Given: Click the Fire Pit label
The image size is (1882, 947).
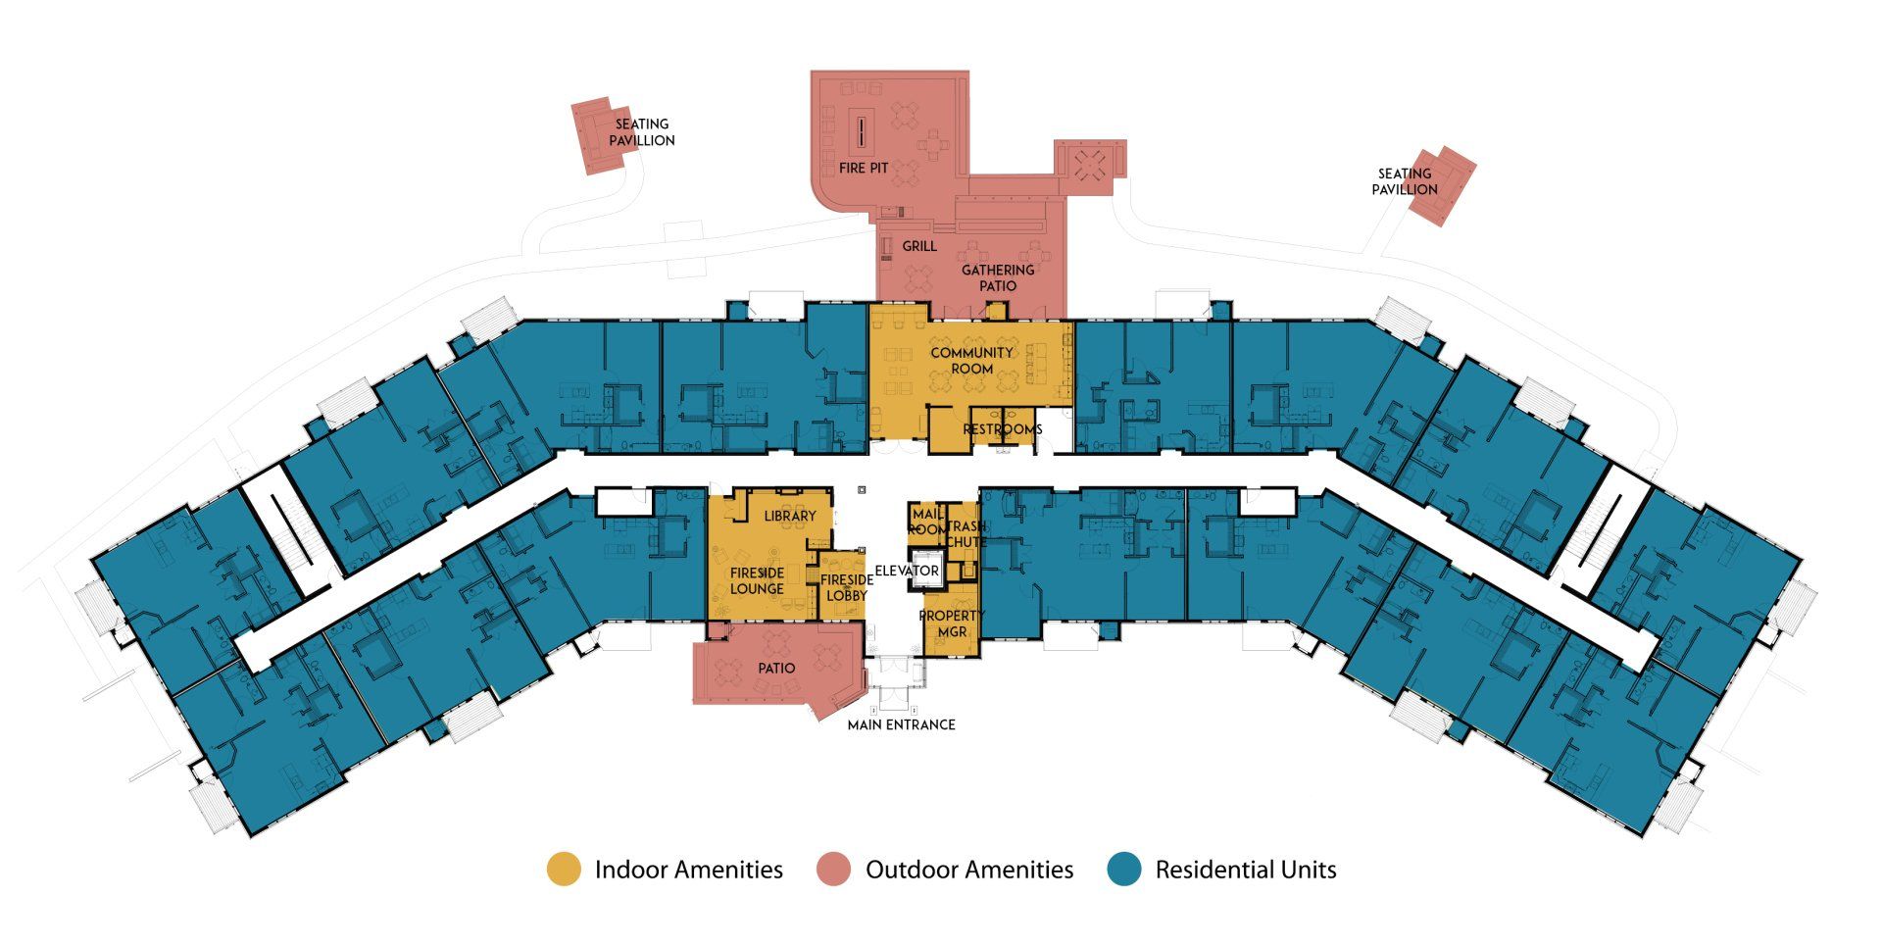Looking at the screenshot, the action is click(864, 169).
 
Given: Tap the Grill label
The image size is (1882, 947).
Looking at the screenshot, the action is click(919, 246).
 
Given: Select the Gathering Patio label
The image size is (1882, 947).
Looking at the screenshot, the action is click(998, 277).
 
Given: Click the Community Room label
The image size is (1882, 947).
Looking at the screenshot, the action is click(971, 361).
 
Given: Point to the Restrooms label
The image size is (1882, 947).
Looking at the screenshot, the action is click(1002, 429).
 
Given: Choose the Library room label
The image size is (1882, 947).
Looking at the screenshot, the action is click(790, 516).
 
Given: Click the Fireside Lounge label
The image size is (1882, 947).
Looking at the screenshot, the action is click(757, 580).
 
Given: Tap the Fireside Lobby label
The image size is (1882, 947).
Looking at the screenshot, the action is click(847, 587).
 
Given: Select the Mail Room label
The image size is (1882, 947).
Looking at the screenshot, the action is click(927, 522).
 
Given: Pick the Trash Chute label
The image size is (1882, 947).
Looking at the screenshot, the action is click(966, 534).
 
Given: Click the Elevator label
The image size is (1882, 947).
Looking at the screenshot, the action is click(907, 571).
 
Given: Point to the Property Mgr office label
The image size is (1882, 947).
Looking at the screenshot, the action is click(952, 623).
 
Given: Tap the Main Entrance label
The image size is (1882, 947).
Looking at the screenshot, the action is click(901, 724).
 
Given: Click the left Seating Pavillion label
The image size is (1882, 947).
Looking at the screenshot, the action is click(642, 132).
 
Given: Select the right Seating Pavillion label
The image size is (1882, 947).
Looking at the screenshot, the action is click(1405, 181).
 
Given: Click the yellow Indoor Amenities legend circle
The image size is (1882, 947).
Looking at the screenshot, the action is click(564, 870).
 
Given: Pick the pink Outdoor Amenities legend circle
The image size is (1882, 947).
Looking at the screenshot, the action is click(834, 870).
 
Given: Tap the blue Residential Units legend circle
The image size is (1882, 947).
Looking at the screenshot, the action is click(1124, 870).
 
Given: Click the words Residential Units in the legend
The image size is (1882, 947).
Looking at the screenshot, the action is click(1246, 870).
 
